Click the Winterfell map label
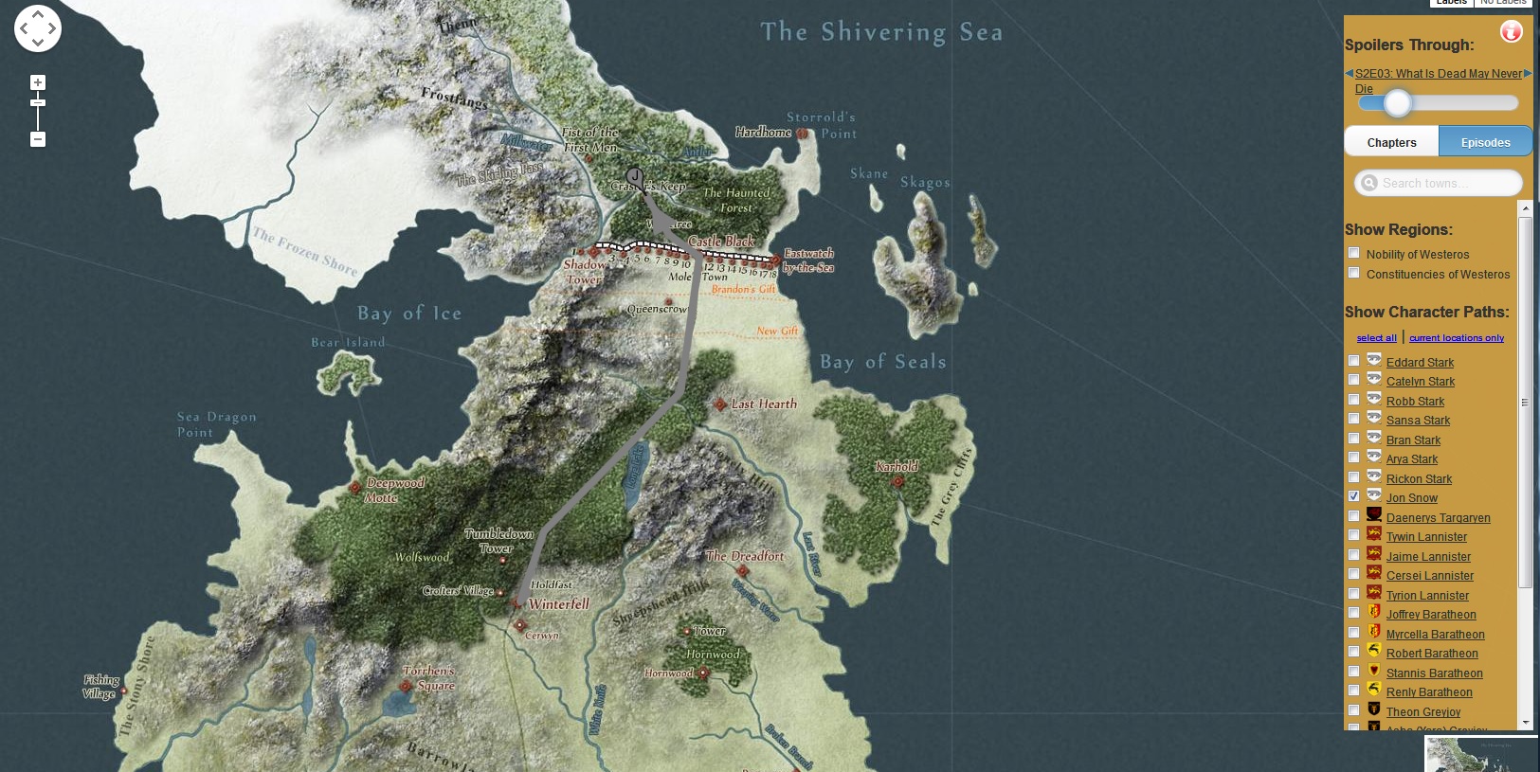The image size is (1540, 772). coord(558,604)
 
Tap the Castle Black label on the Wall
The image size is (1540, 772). coord(721,242)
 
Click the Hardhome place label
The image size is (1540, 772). coord(763,133)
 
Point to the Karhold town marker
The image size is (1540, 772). coord(897,481)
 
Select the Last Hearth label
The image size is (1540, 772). coord(764,404)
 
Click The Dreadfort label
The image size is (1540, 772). coord(745,556)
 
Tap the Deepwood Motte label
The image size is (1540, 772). coord(394,490)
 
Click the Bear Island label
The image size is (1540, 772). coord(348,342)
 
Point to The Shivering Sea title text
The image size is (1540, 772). coord(881,32)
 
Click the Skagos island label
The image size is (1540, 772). coord(925,182)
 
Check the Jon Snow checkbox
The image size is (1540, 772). coord(1353,496)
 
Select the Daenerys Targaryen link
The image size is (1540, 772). coord(1438,518)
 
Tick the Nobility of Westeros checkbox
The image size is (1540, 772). coord(1353,253)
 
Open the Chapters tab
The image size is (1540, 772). coord(1391,142)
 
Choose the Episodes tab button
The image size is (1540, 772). coord(1485,142)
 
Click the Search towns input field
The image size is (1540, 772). coord(1445,183)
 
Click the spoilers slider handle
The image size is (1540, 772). coord(1397,103)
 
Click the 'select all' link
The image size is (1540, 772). coord(1376,338)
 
